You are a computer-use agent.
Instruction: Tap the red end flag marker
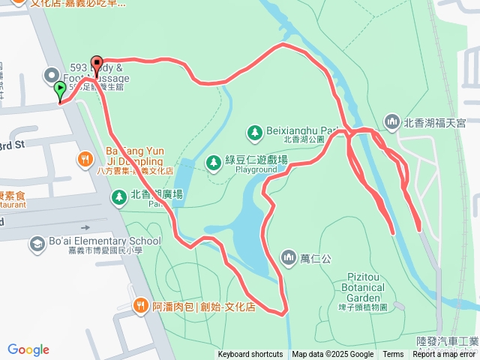(x=96, y=64)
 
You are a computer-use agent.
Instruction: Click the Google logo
(x=28, y=349)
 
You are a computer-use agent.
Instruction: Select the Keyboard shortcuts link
(x=251, y=355)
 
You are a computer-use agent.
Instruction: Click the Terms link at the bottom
(x=393, y=355)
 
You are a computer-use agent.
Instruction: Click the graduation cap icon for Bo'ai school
(x=37, y=244)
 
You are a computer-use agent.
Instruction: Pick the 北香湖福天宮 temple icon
(x=391, y=121)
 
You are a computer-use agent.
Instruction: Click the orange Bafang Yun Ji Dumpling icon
(x=85, y=159)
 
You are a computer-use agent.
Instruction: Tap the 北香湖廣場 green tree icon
(x=118, y=197)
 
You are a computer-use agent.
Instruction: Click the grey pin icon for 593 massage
(x=51, y=74)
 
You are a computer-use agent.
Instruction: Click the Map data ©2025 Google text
(x=332, y=355)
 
